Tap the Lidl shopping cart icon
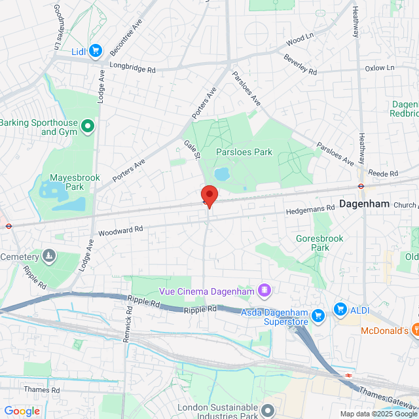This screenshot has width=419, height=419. pyautogui.click(x=96, y=50)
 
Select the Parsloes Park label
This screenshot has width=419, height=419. pyautogui.click(x=244, y=152)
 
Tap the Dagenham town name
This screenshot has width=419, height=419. pyautogui.click(x=364, y=204)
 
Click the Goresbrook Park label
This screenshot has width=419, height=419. pyautogui.click(x=319, y=243)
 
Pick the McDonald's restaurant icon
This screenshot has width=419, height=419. pyautogui.click(x=414, y=331)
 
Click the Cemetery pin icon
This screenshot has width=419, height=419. pyautogui.click(x=49, y=255)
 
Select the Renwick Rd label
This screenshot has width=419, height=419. pyautogui.click(x=128, y=322)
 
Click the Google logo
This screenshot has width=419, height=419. pyautogui.click(x=22, y=411)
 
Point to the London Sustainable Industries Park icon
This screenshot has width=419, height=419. pyautogui.click(x=267, y=410)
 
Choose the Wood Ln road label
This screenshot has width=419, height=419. pyautogui.click(x=296, y=41)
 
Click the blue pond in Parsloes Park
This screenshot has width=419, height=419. pyautogui.click(x=221, y=173)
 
